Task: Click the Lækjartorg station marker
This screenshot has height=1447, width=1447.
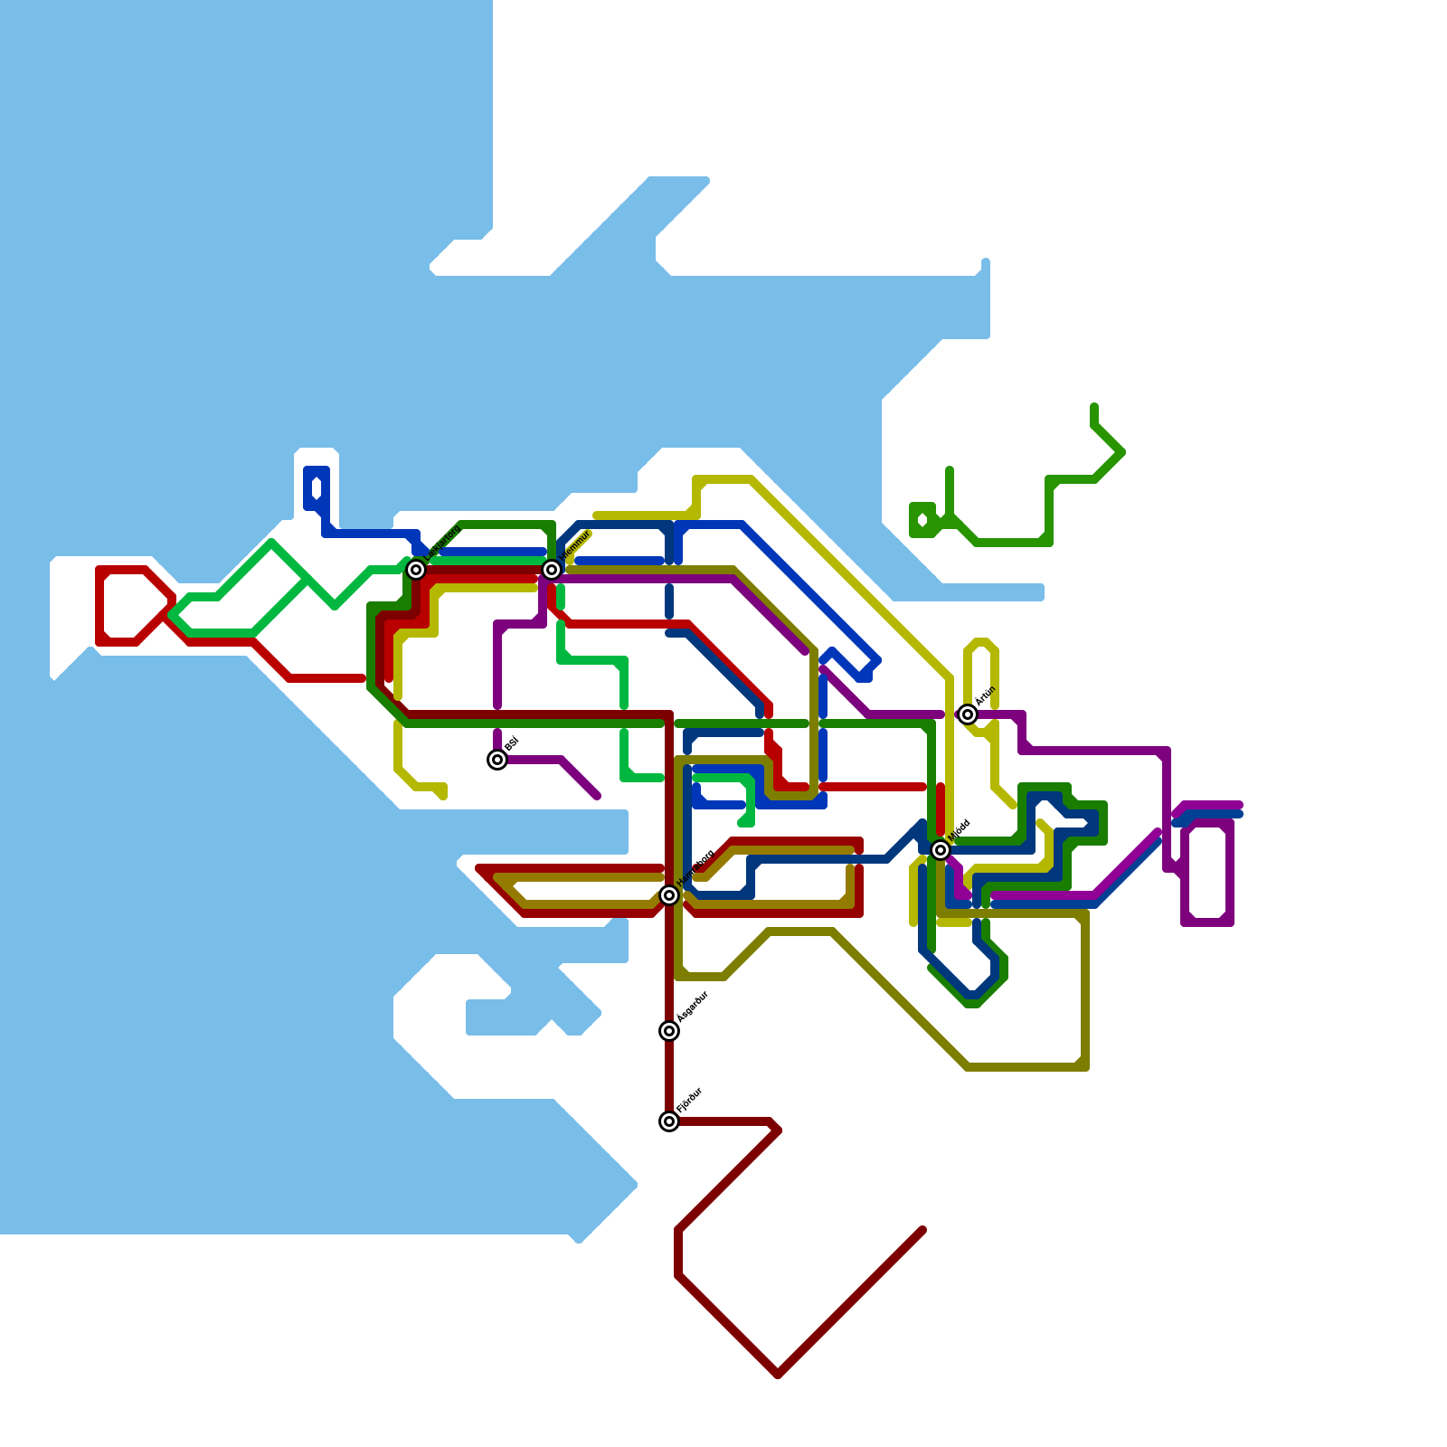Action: [x=416, y=570]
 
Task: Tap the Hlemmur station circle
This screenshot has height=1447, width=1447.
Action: [x=552, y=570]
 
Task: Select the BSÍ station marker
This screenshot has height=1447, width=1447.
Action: [x=497, y=760]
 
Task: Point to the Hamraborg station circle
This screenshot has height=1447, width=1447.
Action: [x=669, y=895]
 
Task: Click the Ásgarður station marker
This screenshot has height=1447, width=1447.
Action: [x=669, y=1031]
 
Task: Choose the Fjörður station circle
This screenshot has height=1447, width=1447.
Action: [x=669, y=1121]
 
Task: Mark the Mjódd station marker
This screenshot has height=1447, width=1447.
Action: [x=941, y=850]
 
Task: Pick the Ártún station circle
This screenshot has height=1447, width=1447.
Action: [x=968, y=714]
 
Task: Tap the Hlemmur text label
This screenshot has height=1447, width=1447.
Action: [x=576, y=545]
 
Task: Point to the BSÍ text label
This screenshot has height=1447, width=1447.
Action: [x=511, y=744]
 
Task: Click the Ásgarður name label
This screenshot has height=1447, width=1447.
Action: [x=693, y=1007]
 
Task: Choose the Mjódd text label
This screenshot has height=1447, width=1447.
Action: [x=960, y=830]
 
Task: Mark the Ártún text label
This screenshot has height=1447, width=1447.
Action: [x=985, y=697]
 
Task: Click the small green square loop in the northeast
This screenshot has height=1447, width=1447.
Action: [x=922, y=520]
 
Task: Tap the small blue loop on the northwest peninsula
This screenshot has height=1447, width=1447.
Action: [x=317, y=488]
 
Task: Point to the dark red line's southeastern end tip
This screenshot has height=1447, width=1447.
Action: [x=922, y=1231]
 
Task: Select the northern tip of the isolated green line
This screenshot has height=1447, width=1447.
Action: [x=1094, y=407]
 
